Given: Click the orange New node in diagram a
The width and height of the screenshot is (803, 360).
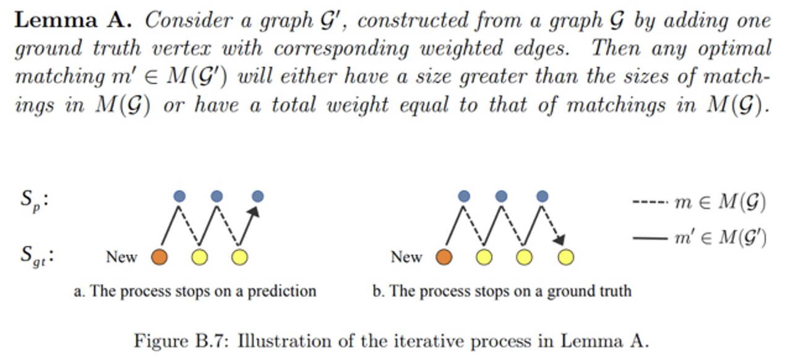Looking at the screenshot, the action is point(159,257).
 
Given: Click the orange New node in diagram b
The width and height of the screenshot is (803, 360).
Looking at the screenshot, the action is point(444,257).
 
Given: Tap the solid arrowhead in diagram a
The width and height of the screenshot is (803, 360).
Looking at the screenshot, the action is point(254,212).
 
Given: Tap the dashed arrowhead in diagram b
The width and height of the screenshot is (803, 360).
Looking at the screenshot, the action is point(559,240).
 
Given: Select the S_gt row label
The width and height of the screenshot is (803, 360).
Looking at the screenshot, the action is point(37,257).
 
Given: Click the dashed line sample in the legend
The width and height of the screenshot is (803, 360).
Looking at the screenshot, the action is point(650,202).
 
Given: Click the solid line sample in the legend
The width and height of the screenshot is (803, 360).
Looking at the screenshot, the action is point(650,238).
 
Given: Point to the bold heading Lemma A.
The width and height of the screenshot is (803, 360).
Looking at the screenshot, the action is point(73,20).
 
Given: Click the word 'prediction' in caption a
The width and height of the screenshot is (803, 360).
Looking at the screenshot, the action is point(281,291).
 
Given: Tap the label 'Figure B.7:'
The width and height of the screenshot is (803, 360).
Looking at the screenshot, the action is point(181,341).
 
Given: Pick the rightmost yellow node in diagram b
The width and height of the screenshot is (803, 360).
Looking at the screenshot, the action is point(565,257).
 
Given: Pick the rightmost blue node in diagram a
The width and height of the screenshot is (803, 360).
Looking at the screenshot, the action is point(258,196).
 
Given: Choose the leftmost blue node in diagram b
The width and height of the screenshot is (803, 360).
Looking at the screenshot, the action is point(464,196).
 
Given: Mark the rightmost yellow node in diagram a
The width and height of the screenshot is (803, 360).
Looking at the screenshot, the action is point(239,257).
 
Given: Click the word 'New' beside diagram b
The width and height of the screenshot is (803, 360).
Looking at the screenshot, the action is point(406,257).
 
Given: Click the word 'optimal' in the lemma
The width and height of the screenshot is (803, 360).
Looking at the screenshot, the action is point(735,49).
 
